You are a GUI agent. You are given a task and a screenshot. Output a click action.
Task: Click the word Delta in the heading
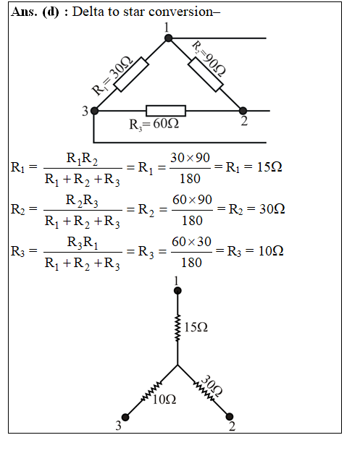point(88,12)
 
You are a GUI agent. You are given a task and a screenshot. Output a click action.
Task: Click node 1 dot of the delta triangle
point(168,38)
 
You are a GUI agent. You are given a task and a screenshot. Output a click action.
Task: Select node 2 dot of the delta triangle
point(243,111)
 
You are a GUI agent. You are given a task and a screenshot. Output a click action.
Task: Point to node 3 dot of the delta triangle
point(94,111)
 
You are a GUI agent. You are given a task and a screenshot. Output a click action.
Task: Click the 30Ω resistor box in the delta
point(131,75)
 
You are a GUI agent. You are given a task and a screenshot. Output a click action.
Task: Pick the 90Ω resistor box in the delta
point(206,75)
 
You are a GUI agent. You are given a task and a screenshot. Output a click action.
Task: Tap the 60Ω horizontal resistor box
point(166,111)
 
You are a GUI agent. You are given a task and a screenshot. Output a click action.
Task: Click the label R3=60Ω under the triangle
point(154,124)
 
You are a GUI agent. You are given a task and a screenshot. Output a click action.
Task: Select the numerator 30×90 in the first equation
point(190,158)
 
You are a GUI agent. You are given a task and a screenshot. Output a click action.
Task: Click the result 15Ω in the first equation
point(269,167)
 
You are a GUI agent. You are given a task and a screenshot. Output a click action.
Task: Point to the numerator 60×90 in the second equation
point(192,200)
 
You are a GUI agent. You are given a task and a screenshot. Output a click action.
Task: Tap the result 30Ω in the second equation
point(272,209)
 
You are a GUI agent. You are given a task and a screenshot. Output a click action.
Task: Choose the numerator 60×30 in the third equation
point(191,242)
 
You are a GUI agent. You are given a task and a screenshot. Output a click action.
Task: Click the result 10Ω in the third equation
point(271,251)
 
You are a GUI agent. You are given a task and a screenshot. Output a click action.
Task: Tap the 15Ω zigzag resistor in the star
point(177,327)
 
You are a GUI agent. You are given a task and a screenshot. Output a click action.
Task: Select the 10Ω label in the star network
point(164,400)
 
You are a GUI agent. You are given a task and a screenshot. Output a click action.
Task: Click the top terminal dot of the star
point(177,290)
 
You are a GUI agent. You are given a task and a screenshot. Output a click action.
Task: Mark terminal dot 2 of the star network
point(230,416)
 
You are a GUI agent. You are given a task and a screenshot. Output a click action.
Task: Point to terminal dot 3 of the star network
point(125,417)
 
